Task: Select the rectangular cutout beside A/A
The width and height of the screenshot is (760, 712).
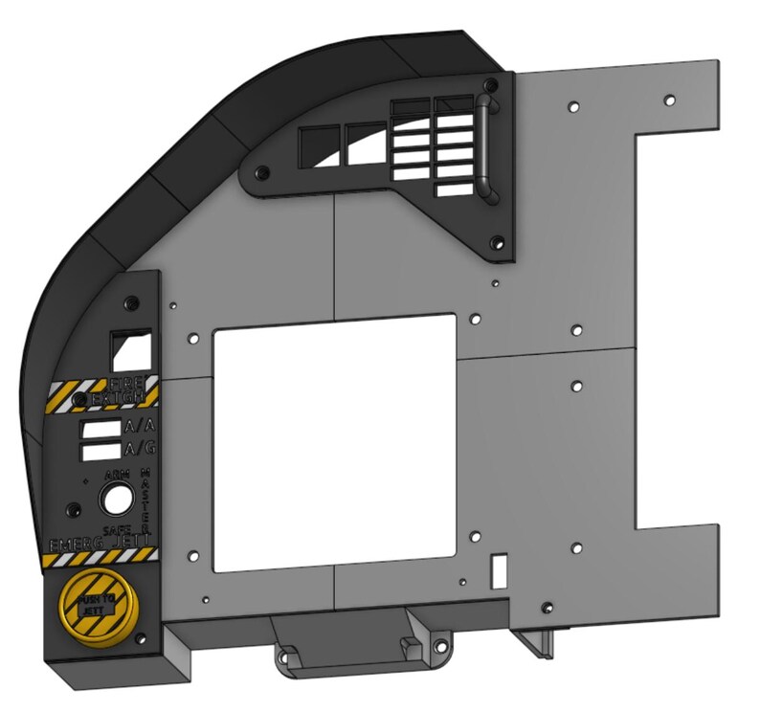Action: (x=100, y=428)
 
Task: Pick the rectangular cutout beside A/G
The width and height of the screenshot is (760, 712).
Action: (x=100, y=448)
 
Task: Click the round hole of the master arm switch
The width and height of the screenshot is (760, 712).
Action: (x=119, y=500)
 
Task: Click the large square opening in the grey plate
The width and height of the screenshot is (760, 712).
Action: (x=333, y=442)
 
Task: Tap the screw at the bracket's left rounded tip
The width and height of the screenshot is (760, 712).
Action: (x=259, y=173)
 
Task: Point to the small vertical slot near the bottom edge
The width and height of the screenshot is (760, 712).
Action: (x=499, y=571)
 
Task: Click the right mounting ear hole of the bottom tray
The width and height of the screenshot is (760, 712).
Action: (x=441, y=658)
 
